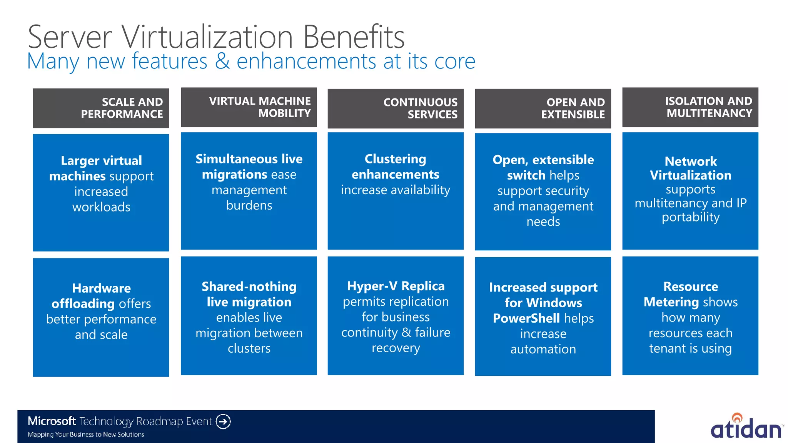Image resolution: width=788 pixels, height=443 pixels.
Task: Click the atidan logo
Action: click(x=746, y=427)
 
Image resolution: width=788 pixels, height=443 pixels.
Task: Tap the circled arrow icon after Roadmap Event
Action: click(x=223, y=421)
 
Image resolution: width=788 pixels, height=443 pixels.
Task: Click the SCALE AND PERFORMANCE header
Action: click(x=101, y=108)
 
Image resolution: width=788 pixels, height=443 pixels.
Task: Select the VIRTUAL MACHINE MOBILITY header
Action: click(x=249, y=107)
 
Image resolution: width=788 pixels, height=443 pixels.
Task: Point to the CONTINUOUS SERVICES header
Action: click(x=396, y=108)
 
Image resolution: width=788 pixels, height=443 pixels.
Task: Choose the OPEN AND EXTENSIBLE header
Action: click(x=543, y=108)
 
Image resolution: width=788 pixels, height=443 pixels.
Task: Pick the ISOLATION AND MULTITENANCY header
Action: click(x=690, y=107)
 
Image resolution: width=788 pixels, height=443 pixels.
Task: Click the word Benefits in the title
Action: click(x=354, y=37)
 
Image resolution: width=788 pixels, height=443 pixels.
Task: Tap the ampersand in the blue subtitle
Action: click(x=222, y=61)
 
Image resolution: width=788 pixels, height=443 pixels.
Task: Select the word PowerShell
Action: click(x=526, y=318)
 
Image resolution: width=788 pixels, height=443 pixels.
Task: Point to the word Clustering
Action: click(x=395, y=159)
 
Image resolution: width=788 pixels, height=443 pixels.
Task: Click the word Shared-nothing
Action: click(x=249, y=286)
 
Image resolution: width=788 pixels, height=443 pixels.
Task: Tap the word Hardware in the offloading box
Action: click(x=101, y=288)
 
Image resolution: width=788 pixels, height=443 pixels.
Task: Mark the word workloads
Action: click(x=101, y=207)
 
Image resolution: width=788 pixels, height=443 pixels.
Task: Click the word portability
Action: click(x=691, y=217)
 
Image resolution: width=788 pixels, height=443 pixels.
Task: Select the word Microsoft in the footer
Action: click(x=52, y=421)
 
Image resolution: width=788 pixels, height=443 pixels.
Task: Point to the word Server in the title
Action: click(x=70, y=37)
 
